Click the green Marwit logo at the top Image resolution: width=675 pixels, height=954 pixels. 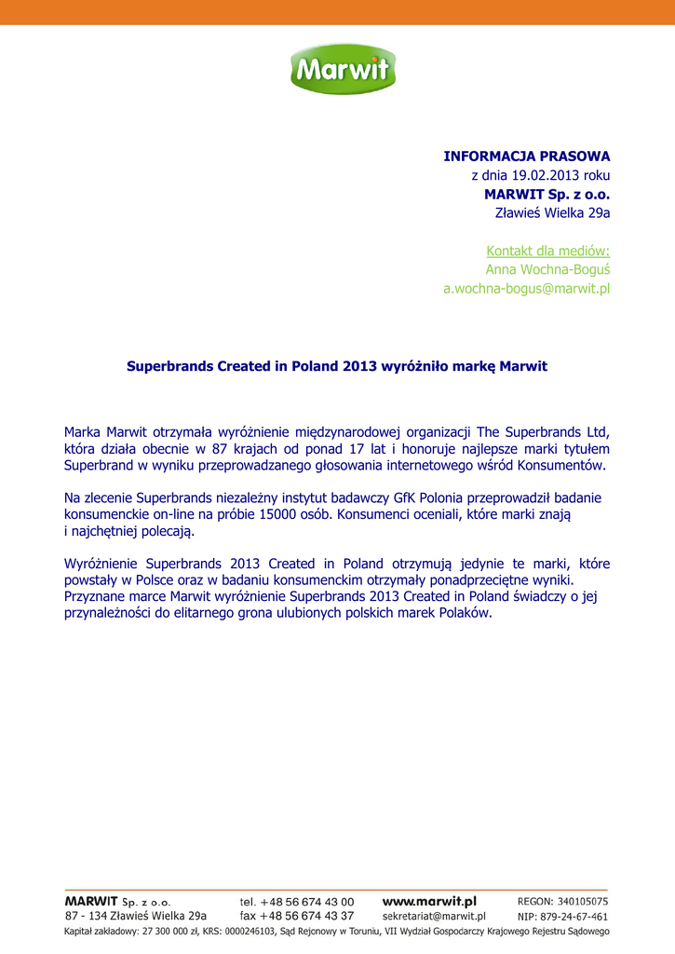tap(339, 71)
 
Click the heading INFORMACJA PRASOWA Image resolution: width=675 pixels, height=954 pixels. tap(526, 156)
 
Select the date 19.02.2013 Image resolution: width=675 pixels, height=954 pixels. tap(547, 175)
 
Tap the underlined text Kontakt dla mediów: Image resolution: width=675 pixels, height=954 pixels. tap(547, 251)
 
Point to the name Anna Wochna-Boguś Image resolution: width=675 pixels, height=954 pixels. tap(547, 269)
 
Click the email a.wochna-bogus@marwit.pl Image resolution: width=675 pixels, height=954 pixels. tap(526, 289)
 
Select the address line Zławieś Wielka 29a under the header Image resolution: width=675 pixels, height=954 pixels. tap(552, 213)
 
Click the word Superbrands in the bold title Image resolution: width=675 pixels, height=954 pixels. tap(169, 367)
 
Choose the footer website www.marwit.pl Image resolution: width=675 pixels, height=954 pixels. tap(429, 902)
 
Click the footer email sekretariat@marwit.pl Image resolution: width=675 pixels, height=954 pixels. tap(434, 917)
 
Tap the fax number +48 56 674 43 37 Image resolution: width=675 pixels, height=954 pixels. tap(307, 917)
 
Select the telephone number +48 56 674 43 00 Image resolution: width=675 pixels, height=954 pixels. tap(307, 902)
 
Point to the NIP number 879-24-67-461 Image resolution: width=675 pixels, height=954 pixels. tap(578, 917)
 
